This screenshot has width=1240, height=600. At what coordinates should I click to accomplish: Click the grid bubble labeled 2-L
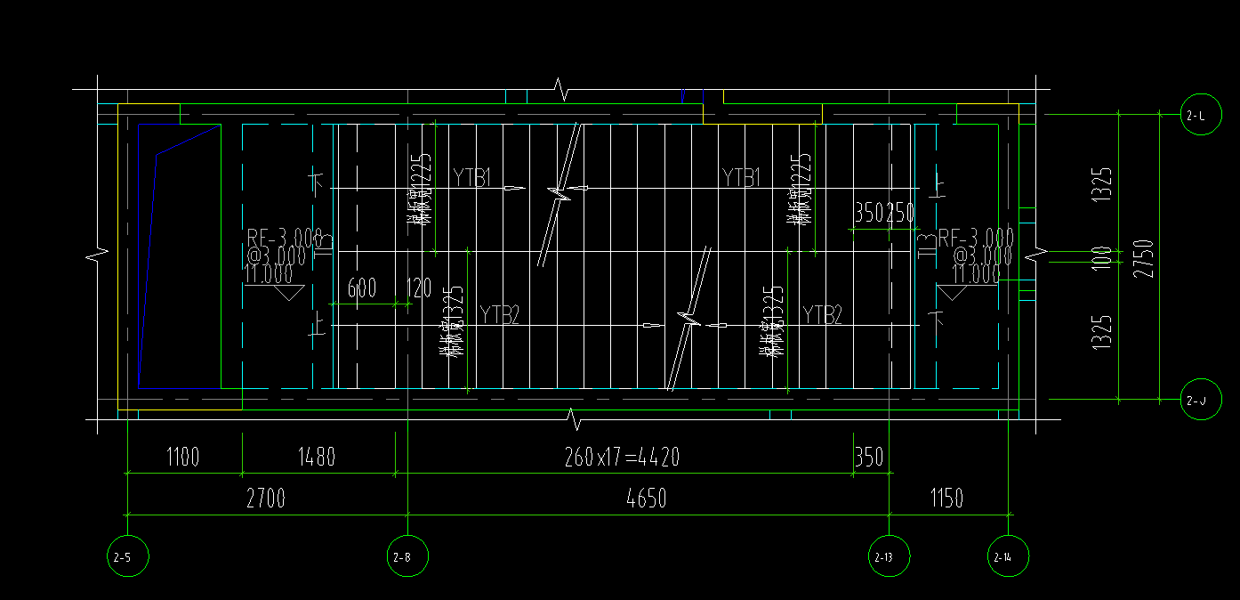(1200, 114)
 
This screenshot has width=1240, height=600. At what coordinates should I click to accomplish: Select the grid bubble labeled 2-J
(1200, 401)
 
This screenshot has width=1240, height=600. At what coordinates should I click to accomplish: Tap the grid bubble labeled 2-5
(127, 556)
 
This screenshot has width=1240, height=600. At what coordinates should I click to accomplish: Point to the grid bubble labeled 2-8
(407, 556)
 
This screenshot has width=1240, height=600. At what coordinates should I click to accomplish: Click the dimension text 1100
(182, 458)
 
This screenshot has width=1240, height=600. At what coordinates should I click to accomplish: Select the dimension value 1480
(317, 458)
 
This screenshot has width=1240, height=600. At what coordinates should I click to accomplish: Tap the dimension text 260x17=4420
(622, 458)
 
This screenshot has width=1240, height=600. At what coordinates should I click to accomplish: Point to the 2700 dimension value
(265, 499)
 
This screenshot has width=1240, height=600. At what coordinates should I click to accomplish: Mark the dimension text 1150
(946, 499)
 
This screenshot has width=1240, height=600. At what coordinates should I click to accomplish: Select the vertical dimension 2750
(1145, 258)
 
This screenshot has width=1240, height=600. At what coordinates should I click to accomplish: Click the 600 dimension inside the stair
(361, 288)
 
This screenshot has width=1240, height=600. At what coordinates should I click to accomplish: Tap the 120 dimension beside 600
(418, 288)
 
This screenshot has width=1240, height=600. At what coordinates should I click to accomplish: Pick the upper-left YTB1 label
(471, 177)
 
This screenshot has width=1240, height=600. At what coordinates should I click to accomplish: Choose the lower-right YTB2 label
(822, 314)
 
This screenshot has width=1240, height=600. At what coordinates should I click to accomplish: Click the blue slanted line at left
(148, 267)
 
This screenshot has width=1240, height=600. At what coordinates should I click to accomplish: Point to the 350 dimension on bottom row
(868, 458)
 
